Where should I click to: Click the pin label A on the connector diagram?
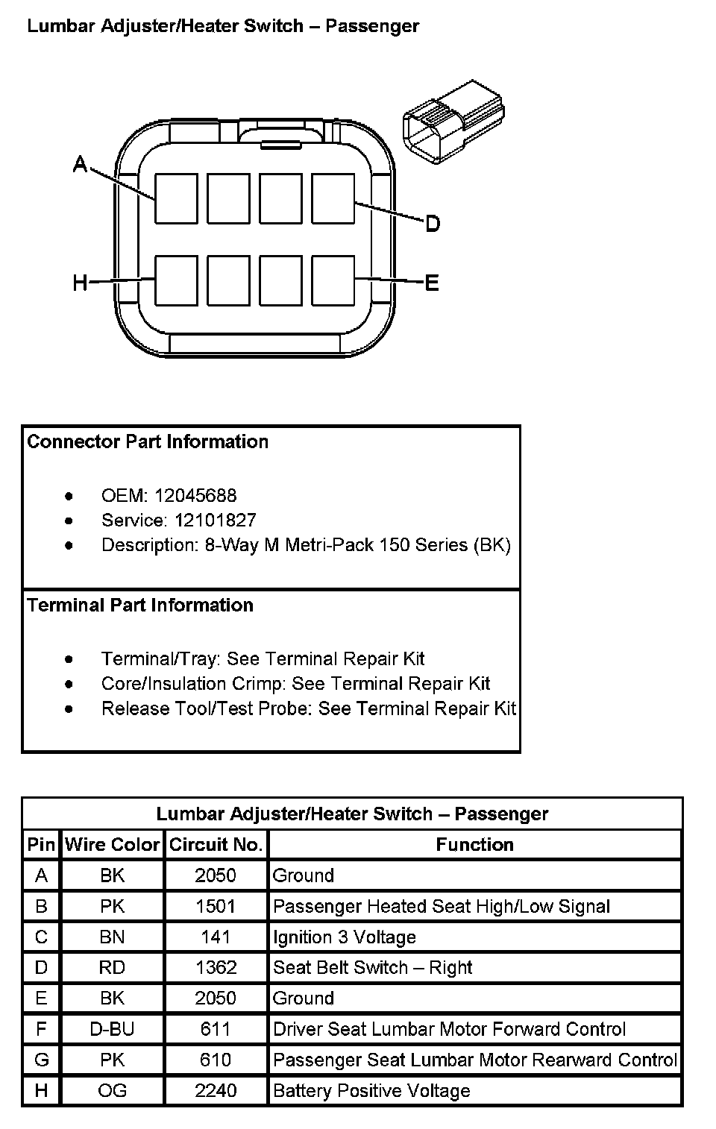(80, 163)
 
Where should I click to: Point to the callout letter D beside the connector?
(433, 223)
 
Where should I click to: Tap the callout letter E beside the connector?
(432, 283)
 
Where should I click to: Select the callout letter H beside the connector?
(80, 283)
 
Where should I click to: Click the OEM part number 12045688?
(195, 495)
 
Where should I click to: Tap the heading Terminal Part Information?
(140, 605)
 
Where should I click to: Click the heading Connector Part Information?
(148, 441)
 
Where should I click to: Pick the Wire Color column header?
(112, 844)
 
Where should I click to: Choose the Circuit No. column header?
(216, 844)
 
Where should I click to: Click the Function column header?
(474, 844)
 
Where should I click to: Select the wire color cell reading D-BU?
(112, 1029)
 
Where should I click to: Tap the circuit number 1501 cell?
(216, 906)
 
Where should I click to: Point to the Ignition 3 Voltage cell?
(345, 937)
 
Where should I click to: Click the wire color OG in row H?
(112, 1090)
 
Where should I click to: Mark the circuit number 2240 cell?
(216, 1090)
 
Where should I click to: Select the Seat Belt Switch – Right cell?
(373, 967)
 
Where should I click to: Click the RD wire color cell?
(112, 967)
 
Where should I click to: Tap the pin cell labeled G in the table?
(41, 1060)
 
